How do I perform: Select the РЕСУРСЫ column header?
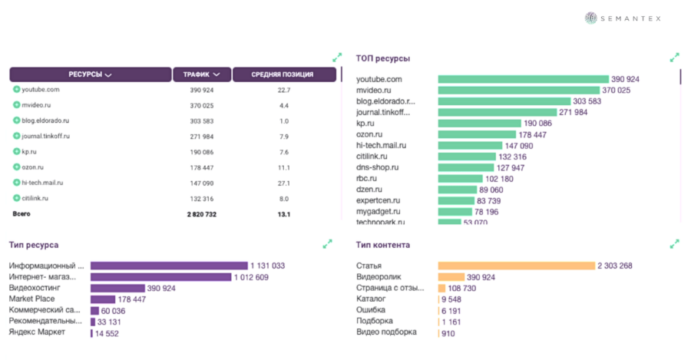(x=91, y=74)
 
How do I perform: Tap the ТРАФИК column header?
(x=201, y=74)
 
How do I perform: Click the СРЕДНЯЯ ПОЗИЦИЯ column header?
(x=283, y=74)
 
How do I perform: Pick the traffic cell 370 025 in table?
(x=201, y=105)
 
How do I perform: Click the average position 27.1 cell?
(x=283, y=183)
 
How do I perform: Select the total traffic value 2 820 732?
(x=201, y=213)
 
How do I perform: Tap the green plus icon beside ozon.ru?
(x=16, y=167)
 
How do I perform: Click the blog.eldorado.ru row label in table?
(x=45, y=121)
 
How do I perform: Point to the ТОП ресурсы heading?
(x=382, y=58)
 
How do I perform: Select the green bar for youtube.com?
(x=522, y=79)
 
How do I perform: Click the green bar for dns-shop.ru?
(x=465, y=167)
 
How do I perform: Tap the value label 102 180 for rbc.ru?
(x=499, y=179)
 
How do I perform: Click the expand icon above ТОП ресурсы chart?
(x=674, y=58)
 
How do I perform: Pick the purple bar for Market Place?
(x=103, y=299)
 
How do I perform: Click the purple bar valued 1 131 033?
(x=169, y=266)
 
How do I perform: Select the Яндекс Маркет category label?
(x=37, y=332)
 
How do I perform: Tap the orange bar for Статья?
(x=516, y=266)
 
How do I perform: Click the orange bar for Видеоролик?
(x=451, y=277)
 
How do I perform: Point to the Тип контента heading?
(x=382, y=245)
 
